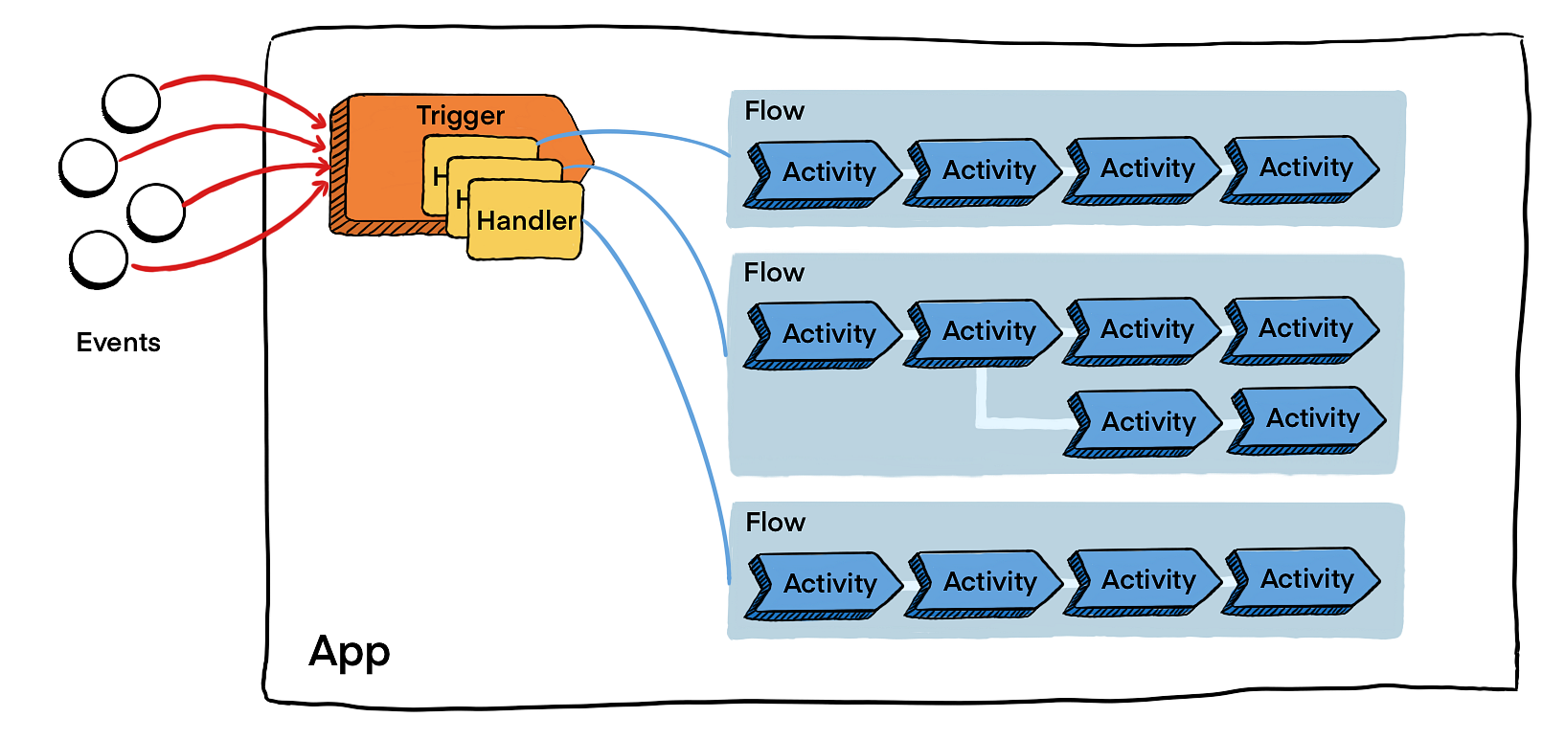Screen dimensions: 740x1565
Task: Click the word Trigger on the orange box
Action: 460,116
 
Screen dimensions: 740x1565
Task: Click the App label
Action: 350,652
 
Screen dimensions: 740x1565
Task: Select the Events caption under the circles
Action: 118,343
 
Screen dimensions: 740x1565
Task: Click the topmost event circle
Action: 131,101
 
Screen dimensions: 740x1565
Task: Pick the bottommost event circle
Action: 99,258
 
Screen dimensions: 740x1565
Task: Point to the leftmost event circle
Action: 88,167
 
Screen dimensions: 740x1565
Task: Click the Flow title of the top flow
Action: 774,111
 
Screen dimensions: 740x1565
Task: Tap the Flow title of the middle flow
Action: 774,273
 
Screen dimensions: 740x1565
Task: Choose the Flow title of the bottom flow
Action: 775,523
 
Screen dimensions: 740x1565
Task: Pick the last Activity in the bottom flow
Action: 1304,579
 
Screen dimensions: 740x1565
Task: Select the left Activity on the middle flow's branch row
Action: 1145,422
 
